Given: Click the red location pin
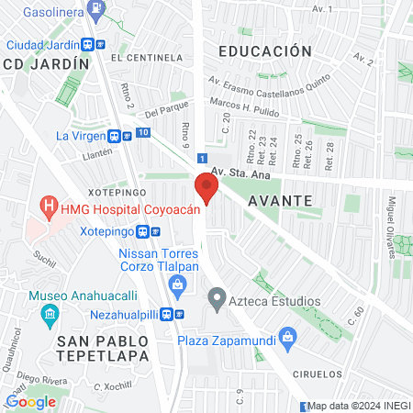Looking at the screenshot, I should click(206, 190).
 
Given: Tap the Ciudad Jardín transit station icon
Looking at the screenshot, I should click(87, 44).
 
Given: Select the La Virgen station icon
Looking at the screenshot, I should click(113, 136).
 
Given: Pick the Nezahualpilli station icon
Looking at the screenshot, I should click(166, 314).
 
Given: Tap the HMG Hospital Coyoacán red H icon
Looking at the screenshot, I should click(49, 206).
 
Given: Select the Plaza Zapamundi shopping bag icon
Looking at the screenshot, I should click(288, 339).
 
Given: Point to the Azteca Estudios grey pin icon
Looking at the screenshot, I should click(217, 298).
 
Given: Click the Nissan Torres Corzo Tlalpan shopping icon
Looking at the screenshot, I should click(175, 285).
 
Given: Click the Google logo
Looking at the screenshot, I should click(30, 400).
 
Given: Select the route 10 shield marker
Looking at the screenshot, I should click(142, 132).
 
